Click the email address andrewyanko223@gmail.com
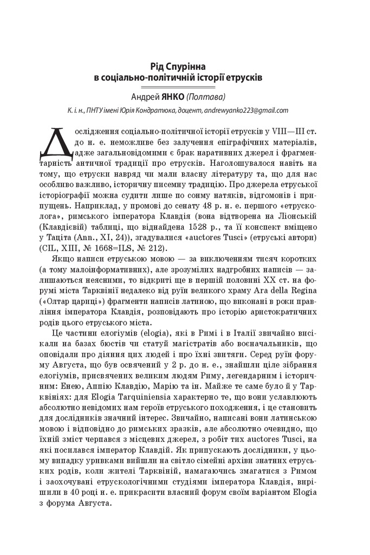click(x=246, y=110)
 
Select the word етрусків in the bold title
click(x=245, y=78)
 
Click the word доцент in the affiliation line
click(x=190, y=110)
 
